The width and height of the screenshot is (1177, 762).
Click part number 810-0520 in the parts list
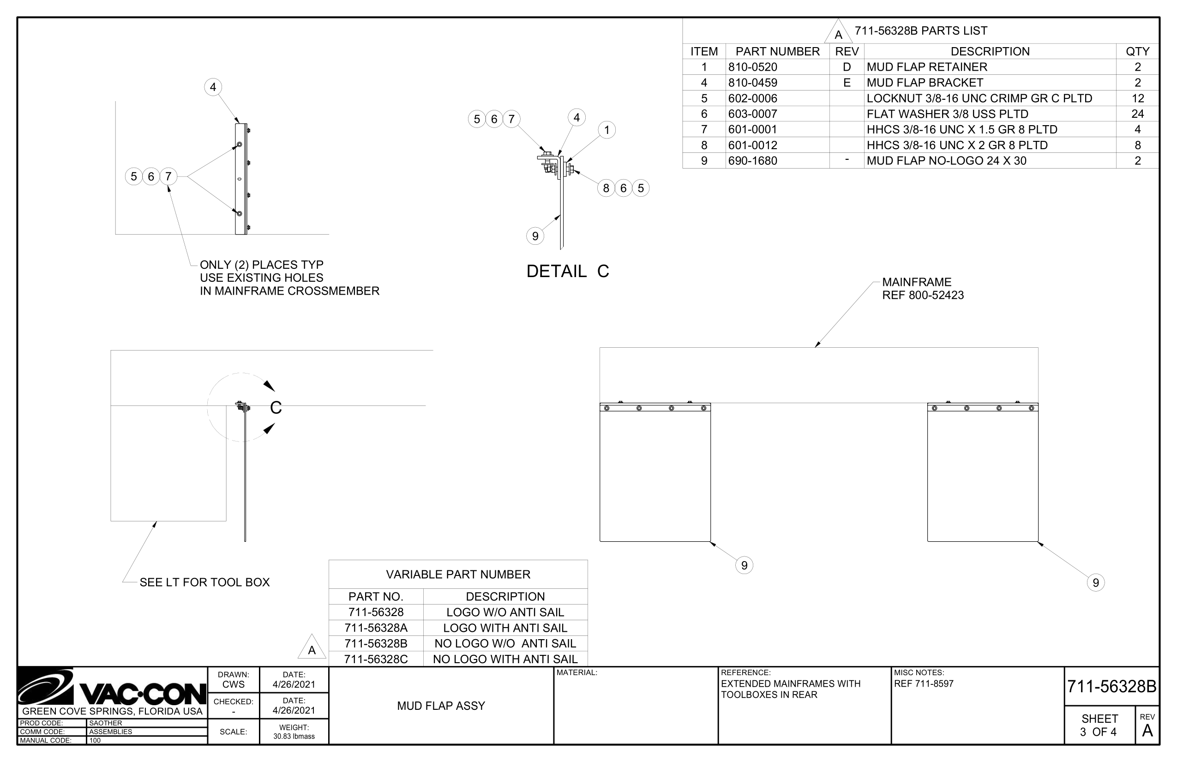click(752, 67)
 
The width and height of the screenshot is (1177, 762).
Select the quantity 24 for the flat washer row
click(1137, 114)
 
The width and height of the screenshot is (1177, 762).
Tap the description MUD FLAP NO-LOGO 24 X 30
click(947, 161)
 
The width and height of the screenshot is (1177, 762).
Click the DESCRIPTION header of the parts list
click(990, 51)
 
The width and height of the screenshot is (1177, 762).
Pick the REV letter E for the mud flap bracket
click(847, 83)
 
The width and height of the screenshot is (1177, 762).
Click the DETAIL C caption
click(568, 271)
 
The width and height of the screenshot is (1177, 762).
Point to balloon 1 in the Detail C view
click(607, 130)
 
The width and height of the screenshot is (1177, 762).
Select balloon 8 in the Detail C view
click(606, 188)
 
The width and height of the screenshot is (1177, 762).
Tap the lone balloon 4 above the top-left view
click(213, 87)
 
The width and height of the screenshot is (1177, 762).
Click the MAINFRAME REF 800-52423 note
click(923, 289)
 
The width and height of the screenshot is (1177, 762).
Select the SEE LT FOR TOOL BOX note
click(205, 582)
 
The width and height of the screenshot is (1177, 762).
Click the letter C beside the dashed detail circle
click(276, 408)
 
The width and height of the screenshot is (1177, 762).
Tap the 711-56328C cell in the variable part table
click(376, 659)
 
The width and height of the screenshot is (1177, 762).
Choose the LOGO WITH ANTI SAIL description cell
click(505, 628)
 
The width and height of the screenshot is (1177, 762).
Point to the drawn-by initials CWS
click(234, 684)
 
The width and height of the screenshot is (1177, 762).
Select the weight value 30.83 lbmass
click(294, 736)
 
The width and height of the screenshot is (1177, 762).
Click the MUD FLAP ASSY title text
click(441, 706)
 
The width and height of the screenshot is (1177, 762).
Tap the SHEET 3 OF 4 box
click(1099, 726)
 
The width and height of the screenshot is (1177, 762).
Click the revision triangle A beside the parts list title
click(838, 32)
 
